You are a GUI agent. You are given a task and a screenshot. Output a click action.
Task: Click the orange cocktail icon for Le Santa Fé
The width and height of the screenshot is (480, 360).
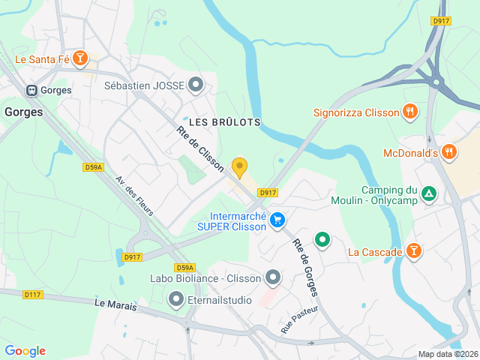click(80, 58)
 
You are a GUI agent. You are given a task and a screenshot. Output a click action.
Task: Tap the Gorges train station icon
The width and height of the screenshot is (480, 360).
click(32, 90)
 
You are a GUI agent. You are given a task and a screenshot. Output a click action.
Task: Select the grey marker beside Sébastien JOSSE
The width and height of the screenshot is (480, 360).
click(196, 85)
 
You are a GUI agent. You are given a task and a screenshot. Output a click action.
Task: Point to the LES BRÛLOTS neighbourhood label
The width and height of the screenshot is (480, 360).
click(225, 121)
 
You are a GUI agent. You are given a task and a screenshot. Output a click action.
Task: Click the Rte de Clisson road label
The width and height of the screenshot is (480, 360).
click(200, 148)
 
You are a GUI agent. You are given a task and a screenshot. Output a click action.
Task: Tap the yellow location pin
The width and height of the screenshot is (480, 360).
click(240, 167)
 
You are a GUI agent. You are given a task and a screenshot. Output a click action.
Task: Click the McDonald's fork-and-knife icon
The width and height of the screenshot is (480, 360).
click(449, 153)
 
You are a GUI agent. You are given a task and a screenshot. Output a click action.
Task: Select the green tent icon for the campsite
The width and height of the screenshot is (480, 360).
click(428, 195)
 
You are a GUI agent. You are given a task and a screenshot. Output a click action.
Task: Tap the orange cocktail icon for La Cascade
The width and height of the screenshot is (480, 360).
click(412, 251)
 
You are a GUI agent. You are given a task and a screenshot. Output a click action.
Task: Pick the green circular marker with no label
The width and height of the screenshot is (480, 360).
click(322, 240)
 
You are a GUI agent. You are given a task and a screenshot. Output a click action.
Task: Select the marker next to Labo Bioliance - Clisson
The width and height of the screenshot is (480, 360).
click(273, 278)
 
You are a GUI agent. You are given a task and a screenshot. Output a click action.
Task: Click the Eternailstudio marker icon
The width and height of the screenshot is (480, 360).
click(176, 300)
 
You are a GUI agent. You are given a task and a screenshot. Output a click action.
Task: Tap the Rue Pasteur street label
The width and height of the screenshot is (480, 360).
click(299, 319)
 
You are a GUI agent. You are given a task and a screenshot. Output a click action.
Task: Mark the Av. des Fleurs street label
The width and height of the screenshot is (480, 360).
click(135, 196)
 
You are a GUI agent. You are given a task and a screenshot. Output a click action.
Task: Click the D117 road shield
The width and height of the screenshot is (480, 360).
click(33, 295)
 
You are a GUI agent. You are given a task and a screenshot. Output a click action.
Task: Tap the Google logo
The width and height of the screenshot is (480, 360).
click(25, 351)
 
